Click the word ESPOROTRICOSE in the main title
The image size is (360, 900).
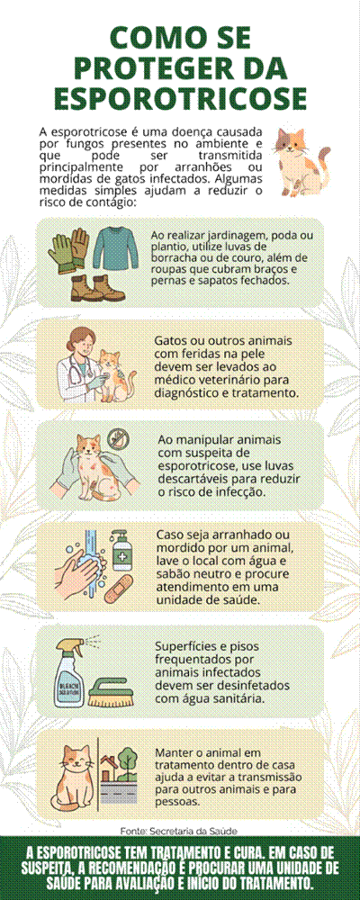click(x=180, y=98)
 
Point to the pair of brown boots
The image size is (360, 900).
click(x=97, y=288)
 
